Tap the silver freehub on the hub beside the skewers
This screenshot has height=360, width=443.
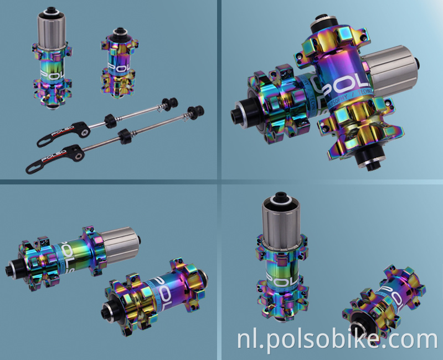[51, 28]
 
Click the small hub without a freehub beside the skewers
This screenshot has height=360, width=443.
[117, 64]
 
